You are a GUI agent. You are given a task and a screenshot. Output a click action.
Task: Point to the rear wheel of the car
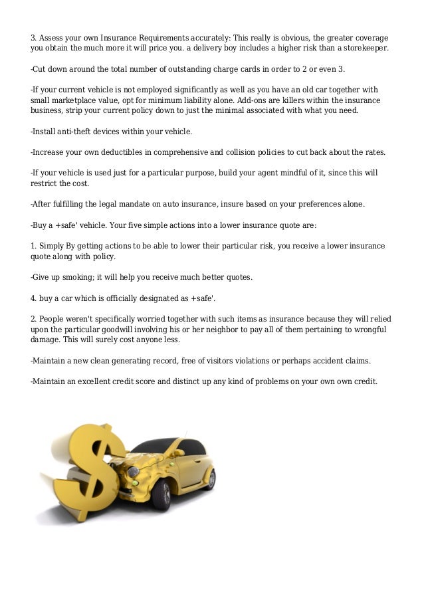coord(209,478)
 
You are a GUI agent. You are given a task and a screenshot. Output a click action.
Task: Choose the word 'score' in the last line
coord(161,381)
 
